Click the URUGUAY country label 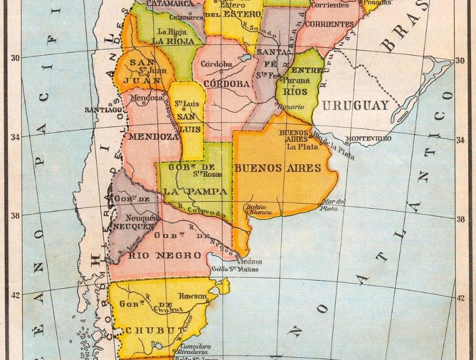[355, 106]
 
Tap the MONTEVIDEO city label [368, 139]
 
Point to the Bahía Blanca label [259, 209]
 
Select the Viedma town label [250, 261]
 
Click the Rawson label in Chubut [192, 296]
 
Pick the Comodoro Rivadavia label [195, 350]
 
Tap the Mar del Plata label [333, 205]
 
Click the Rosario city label [291, 107]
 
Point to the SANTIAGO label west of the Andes [103, 109]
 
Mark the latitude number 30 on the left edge [15, 57]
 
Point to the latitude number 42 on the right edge [460, 298]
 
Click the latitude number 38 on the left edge [15, 215]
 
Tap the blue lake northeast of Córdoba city [244, 59]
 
